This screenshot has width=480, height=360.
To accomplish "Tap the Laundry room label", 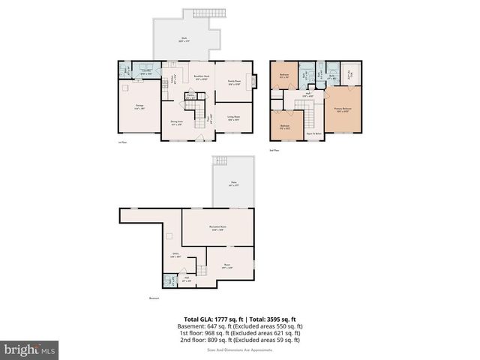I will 147,73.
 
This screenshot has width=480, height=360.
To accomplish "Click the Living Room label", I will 232,117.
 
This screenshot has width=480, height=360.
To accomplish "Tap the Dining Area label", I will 176,123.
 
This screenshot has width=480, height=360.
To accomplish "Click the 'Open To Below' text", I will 314,134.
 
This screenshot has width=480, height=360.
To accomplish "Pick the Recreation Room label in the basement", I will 219,227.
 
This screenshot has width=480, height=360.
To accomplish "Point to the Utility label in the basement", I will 176,256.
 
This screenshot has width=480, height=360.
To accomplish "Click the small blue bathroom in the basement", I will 168,282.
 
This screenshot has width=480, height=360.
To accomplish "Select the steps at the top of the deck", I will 203,13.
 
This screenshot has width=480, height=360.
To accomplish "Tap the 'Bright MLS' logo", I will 30,349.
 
